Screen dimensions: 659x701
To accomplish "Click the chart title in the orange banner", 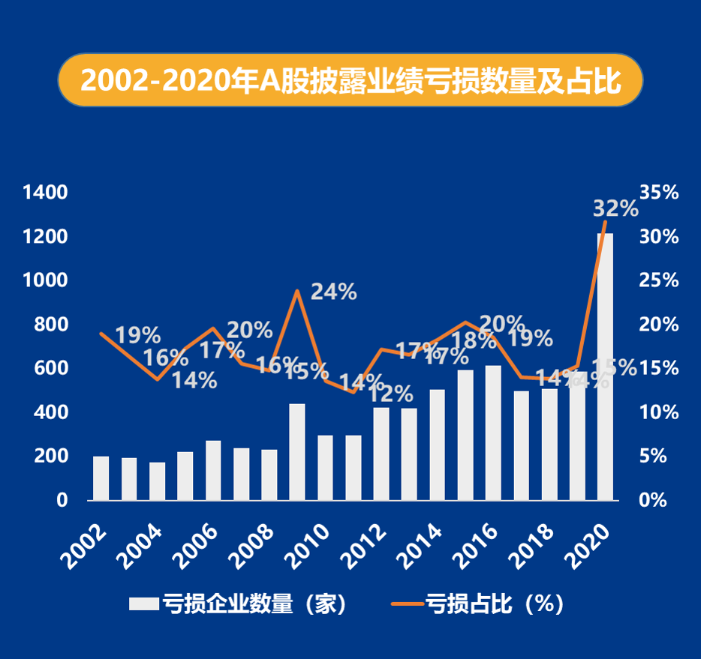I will point(350,80).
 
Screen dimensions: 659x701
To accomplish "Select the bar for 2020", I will point(605,367).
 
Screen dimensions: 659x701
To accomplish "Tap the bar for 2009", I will point(297,452).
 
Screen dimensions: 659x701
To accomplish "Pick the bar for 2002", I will point(101,478).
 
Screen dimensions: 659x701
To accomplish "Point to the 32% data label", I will point(615,208).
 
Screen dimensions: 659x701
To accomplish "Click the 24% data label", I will point(333,292).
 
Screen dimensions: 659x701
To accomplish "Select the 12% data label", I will point(390,394).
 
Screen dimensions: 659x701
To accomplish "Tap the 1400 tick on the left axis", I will point(46,193).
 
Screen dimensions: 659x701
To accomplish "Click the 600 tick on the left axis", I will point(51,368).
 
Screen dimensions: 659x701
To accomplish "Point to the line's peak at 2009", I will point(297,291).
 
